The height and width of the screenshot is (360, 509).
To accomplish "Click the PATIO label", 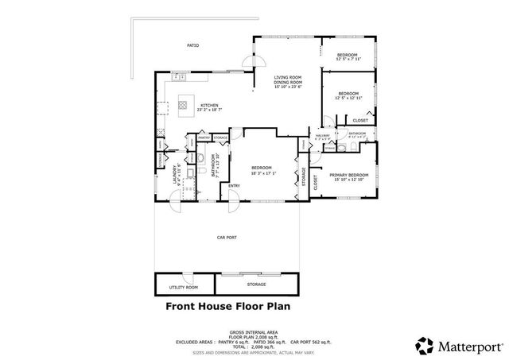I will [192, 46].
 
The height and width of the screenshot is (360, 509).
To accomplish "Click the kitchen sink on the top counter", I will [180, 77].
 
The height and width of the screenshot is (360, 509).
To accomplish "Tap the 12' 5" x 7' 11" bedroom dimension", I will [348, 60].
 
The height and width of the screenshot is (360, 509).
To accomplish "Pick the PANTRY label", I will [204, 138].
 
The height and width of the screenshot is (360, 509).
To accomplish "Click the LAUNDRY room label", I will [174, 174].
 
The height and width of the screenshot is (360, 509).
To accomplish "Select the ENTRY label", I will [235, 186].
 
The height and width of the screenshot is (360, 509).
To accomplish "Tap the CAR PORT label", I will [226, 237].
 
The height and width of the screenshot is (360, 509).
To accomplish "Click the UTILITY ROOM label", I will [184, 287].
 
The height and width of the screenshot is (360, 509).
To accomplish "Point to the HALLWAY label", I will [323, 135].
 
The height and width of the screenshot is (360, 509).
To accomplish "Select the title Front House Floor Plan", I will [228, 305].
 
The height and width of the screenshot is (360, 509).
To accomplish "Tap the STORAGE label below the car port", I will [255, 284].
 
